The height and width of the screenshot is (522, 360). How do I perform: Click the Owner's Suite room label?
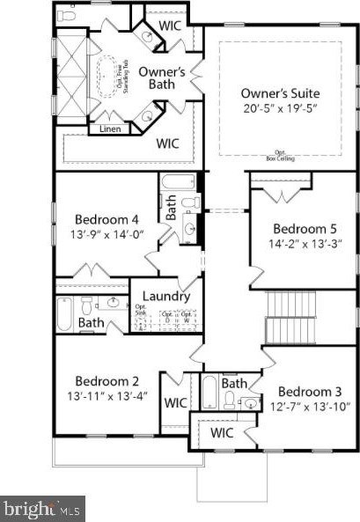click(x=280, y=92)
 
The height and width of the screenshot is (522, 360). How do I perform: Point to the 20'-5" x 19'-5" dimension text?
click(x=280, y=109)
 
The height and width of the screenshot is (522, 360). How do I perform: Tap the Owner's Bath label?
click(x=162, y=78)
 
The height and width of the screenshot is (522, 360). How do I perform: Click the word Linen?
click(x=104, y=129)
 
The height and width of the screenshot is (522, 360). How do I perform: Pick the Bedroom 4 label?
click(x=107, y=218)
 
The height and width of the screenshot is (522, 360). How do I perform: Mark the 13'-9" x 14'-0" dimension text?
click(x=107, y=234)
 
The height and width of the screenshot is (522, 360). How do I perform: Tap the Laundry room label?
click(x=166, y=296)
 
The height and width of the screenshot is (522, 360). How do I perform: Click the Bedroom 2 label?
click(x=107, y=380)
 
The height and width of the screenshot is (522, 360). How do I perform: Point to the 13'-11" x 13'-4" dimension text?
click(x=107, y=395)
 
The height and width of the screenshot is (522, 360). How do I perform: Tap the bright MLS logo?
click(x=42, y=508)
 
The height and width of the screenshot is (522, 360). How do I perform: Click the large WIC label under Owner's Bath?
click(x=168, y=142)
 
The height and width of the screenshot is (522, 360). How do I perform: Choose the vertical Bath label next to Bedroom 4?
click(x=172, y=208)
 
